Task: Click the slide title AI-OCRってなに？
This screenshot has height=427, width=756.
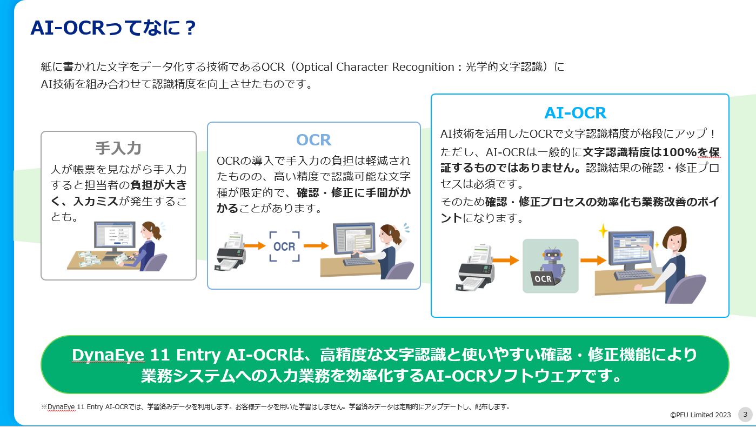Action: [x=113, y=28]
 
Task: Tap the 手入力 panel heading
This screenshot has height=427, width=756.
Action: [x=118, y=148]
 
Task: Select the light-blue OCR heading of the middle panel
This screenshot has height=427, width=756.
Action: [x=313, y=140]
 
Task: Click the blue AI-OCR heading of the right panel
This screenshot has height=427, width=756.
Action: [x=576, y=113]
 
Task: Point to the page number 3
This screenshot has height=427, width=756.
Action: [x=745, y=414]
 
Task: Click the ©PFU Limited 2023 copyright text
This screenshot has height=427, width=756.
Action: [x=700, y=415]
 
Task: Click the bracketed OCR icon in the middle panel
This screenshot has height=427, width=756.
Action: [x=284, y=246]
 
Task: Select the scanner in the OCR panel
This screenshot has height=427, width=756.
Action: [x=230, y=251]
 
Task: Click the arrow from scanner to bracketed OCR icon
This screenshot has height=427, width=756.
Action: [x=255, y=245]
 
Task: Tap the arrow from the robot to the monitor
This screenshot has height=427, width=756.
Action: [x=593, y=260]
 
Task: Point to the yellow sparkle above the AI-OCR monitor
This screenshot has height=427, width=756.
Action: [x=603, y=231]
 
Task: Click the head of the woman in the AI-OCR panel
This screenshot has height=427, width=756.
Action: [x=675, y=239]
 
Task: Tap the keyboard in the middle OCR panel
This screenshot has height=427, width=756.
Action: [x=358, y=262]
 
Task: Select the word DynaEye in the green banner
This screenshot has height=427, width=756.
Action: [x=108, y=355]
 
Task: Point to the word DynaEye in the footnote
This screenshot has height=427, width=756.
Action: [x=61, y=407]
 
